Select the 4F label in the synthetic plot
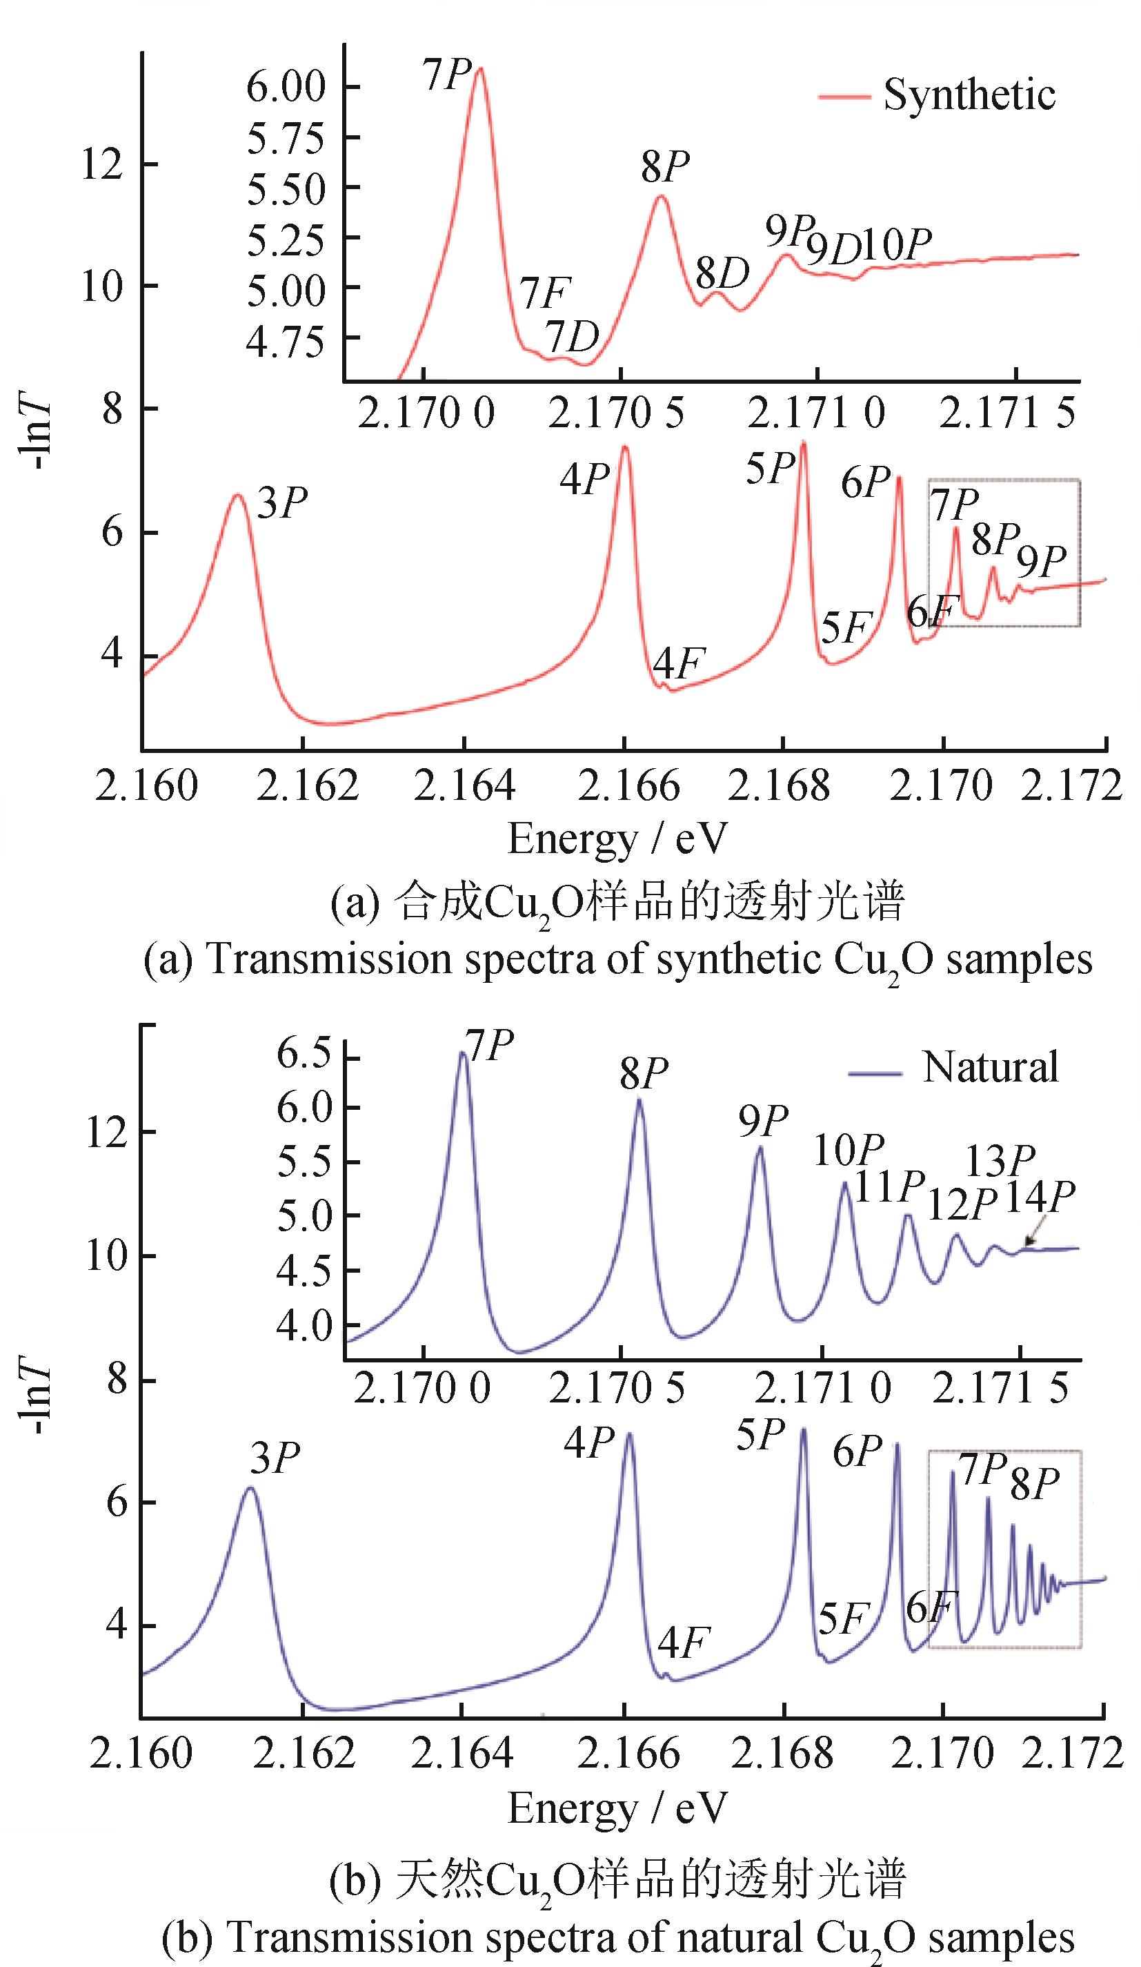pyautogui.click(x=678, y=664)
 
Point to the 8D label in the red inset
pyautogui.click(x=722, y=273)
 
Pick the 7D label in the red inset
pyautogui.click(x=571, y=338)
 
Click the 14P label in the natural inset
pyautogui.click(x=1039, y=1197)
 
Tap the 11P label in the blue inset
pyautogui.click(x=889, y=1187)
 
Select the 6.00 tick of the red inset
pyautogui.click(x=285, y=87)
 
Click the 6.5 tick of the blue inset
pyautogui.click(x=304, y=1055)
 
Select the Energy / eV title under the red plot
pyautogui.click(x=617, y=840)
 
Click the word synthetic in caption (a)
pyautogui.click(x=738, y=959)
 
